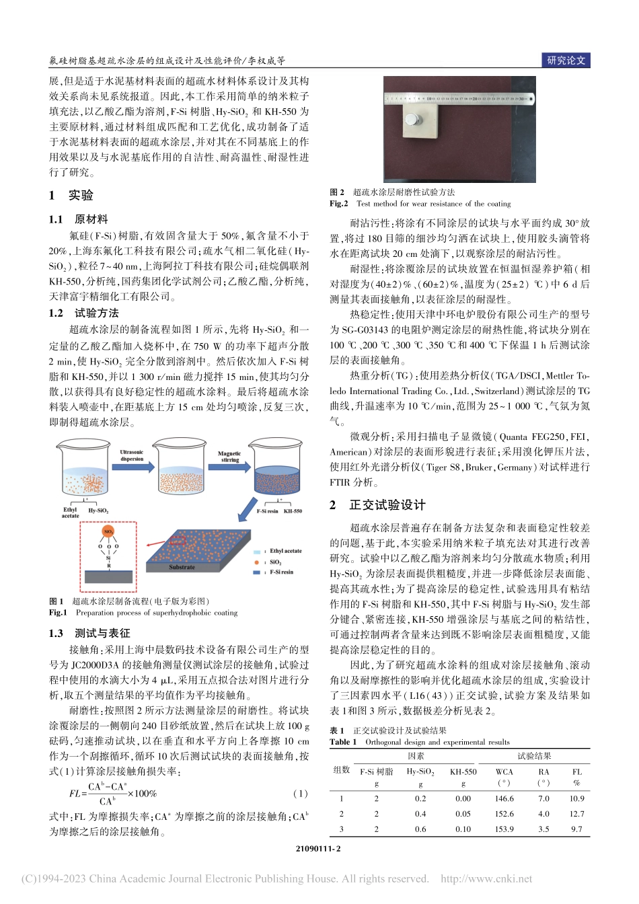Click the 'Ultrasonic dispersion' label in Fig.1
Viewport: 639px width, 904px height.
tap(132, 455)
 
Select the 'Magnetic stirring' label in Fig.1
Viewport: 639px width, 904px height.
tap(229, 456)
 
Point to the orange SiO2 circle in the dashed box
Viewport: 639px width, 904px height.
tap(108, 531)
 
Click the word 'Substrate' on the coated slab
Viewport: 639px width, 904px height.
tap(182, 567)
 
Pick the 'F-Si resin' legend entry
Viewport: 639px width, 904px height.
tap(282, 572)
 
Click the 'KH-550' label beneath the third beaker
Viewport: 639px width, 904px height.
tap(293, 511)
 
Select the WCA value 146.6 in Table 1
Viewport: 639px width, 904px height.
tap(504, 798)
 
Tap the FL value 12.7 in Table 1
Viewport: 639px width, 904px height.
tap(576, 814)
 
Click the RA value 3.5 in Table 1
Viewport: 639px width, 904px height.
tap(543, 829)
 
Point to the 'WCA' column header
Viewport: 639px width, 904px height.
tap(504, 772)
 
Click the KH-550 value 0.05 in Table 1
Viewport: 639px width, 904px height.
tap(463, 814)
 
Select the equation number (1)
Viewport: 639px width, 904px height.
tap(301, 794)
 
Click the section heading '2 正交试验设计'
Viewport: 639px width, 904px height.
tap(377, 505)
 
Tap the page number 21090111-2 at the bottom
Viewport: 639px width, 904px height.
tap(318, 849)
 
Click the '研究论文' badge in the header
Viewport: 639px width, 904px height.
tap(566, 61)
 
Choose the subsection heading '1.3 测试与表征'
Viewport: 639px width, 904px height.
tap(89, 633)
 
